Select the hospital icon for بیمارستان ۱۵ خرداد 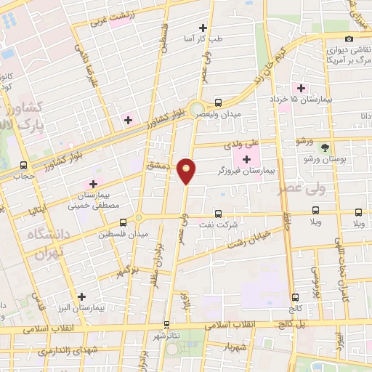coord(301,88)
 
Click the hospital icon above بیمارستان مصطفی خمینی coord(93,183)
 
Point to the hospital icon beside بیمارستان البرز coord(82,296)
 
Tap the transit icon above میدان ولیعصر coord(218,103)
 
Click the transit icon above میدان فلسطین coord(122,221)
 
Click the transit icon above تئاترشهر coord(169,325)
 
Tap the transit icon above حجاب coord(23,165)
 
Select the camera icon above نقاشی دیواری coord(349,39)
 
